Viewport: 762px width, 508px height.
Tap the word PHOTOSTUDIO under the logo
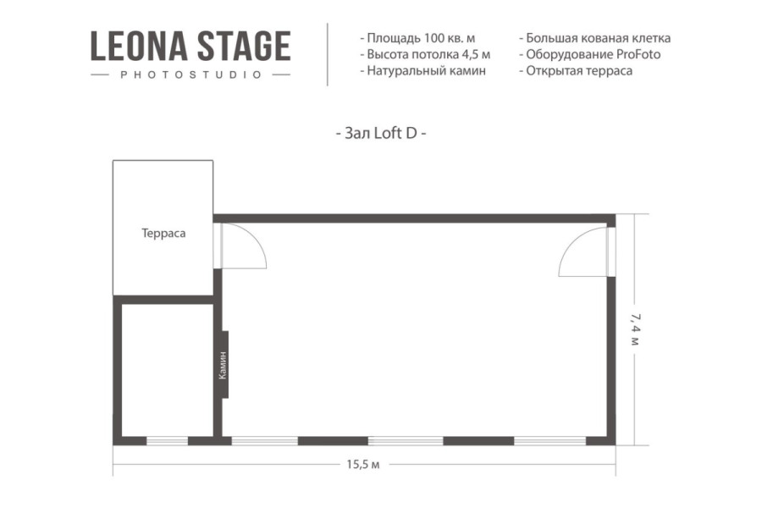(190, 75)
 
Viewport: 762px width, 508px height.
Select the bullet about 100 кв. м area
(417, 38)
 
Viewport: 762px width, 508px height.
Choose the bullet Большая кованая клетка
(594, 38)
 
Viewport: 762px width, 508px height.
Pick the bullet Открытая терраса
(575, 70)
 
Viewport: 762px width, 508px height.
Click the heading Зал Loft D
(381, 134)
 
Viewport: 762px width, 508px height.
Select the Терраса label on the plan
(163, 233)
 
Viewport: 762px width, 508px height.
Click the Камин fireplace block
(224, 364)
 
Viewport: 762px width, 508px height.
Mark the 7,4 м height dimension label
(634, 329)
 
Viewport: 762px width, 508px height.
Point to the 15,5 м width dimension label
(362, 464)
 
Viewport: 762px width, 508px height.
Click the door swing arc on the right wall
(583, 252)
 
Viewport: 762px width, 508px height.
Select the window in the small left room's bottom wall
(167, 440)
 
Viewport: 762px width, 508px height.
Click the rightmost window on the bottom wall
(549, 440)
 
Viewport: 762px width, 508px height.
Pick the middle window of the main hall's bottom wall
(406, 440)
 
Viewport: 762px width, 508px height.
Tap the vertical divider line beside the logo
(328, 54)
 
